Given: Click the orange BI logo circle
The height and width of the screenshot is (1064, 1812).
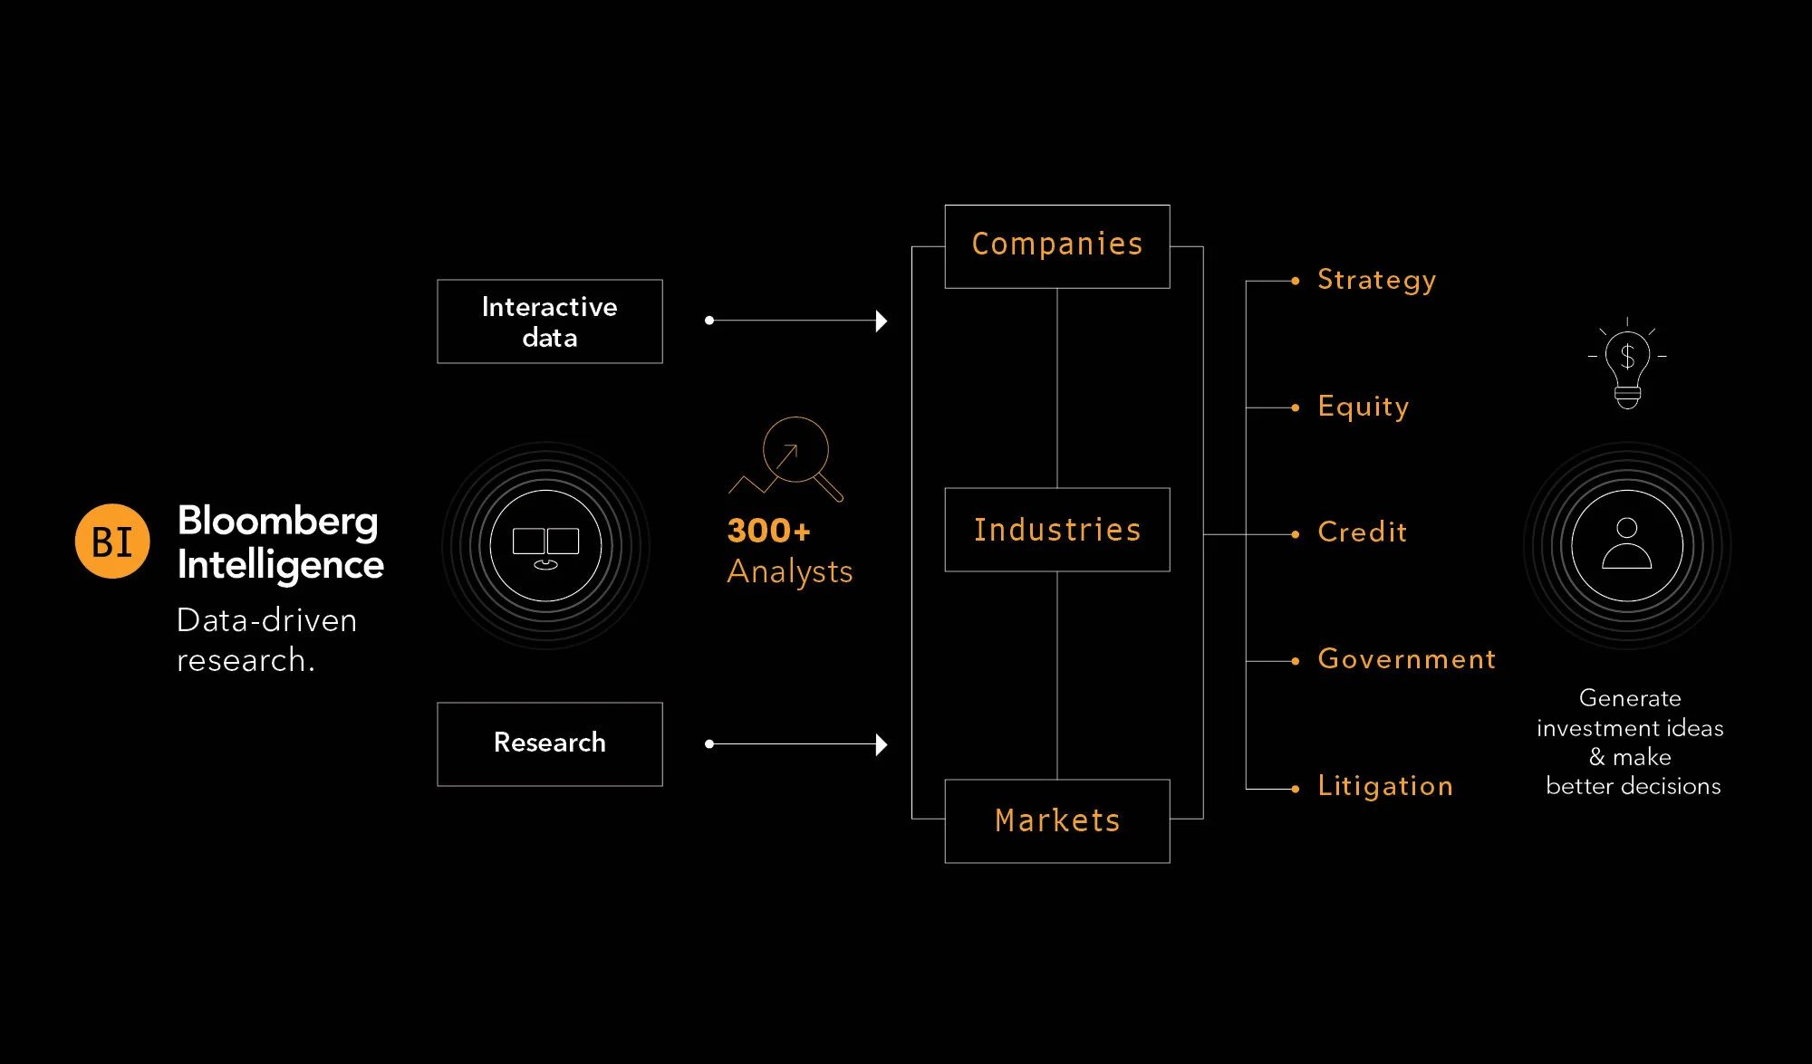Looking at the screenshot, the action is (112, 542).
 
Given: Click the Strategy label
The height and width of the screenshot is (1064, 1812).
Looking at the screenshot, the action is (1376, 281).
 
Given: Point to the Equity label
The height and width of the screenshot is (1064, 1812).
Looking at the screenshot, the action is (1364, 407).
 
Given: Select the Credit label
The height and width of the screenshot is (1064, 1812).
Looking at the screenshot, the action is (1363, 532).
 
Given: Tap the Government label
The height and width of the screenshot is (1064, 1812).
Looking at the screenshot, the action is (1406, 658).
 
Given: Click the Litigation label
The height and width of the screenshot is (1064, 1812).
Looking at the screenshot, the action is (1385, 786).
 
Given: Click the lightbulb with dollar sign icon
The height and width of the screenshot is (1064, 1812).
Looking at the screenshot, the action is (1627, 363).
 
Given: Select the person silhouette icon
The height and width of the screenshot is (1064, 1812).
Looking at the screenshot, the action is (1627, 543).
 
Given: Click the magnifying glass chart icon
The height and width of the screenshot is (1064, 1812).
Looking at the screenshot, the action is (786, 458).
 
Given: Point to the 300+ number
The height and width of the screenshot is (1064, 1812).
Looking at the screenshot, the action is (769, 531).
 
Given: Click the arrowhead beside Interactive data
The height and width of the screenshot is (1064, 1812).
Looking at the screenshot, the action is (882, 321).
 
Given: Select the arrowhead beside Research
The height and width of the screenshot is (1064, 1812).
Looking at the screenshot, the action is (882, 744).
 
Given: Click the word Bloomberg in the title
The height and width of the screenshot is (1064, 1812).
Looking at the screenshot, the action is (278, 522).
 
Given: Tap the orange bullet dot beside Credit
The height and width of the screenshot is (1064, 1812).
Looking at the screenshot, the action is (1296, 534).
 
